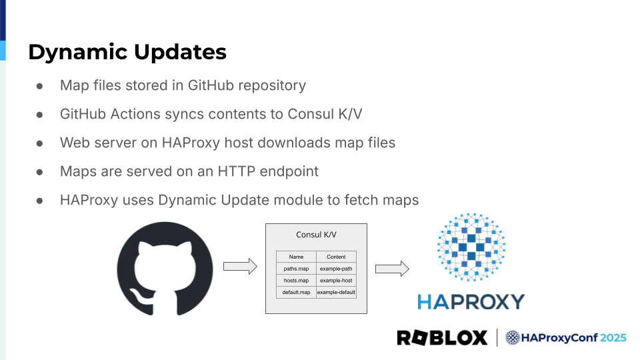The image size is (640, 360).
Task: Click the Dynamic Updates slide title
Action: [127, 52]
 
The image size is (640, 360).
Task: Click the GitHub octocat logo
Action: [165, 269]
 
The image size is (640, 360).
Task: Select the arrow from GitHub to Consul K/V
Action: [240, 266]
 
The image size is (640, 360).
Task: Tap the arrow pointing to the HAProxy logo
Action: [392, 269]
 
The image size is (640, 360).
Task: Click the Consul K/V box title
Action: [316, 235]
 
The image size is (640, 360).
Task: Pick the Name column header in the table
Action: [296, 257]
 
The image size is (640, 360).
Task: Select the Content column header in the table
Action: [336, 257]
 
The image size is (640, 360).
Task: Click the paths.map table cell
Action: [296, 269]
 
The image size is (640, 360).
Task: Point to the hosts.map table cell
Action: [296, 281]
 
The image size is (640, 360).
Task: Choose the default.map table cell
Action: [296, 293]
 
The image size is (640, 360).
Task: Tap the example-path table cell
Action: [336, 269]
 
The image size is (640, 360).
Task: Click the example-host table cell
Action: [336, 281]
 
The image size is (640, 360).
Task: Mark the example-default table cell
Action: [336, 293]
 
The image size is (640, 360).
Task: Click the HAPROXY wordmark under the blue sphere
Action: [471, 302]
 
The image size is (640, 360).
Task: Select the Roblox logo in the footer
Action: [442, 338]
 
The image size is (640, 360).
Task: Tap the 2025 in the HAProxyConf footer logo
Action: [613, 338]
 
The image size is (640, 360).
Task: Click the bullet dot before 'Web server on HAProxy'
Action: [40, 143]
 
